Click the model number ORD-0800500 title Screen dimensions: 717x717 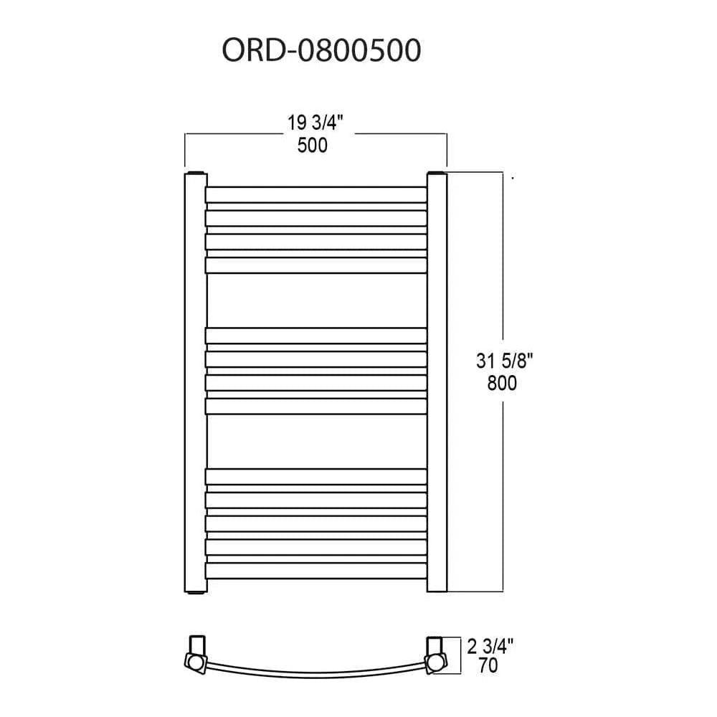point(320,52)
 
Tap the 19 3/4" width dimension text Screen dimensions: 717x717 point(316,123)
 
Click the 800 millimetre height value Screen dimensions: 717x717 point(501,384)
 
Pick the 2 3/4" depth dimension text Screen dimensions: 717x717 point(490,647)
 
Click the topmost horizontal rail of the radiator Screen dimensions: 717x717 point(315,194)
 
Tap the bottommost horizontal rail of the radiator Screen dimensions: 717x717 point(315,571)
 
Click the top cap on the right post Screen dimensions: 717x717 point(437,174)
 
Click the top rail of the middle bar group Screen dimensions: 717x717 point(315,335)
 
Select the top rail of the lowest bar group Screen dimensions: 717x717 point(315,476)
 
